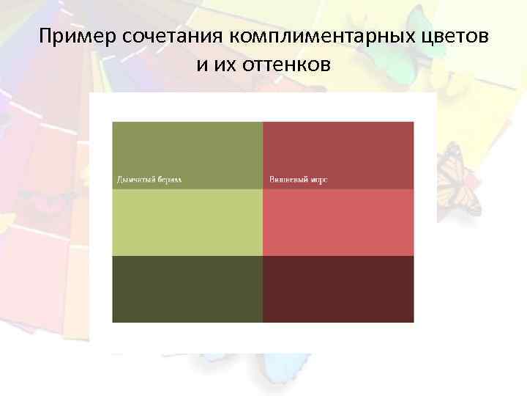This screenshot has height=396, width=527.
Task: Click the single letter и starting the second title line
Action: (201, 65)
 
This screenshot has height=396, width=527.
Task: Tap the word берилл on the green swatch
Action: (170, 180)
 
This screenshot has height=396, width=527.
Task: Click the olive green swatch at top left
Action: (187, 147)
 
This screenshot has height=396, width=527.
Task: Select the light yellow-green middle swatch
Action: (187, 222)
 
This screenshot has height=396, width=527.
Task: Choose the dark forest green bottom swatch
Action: (187, 289)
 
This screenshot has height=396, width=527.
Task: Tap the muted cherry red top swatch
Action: (338, 147)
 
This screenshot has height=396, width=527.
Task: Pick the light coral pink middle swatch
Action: (338, 222)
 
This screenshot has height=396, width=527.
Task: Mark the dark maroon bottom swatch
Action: (338, 289)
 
